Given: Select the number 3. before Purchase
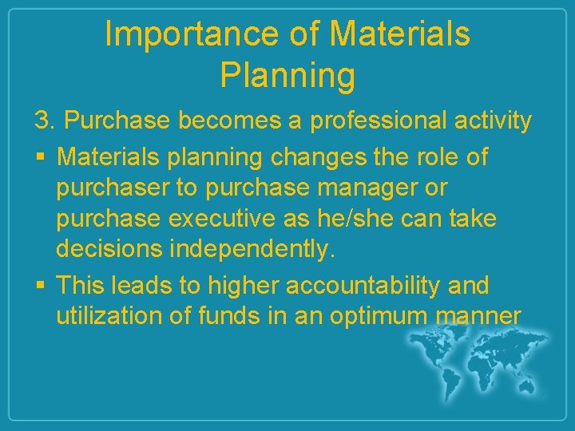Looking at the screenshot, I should coord(45,121).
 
